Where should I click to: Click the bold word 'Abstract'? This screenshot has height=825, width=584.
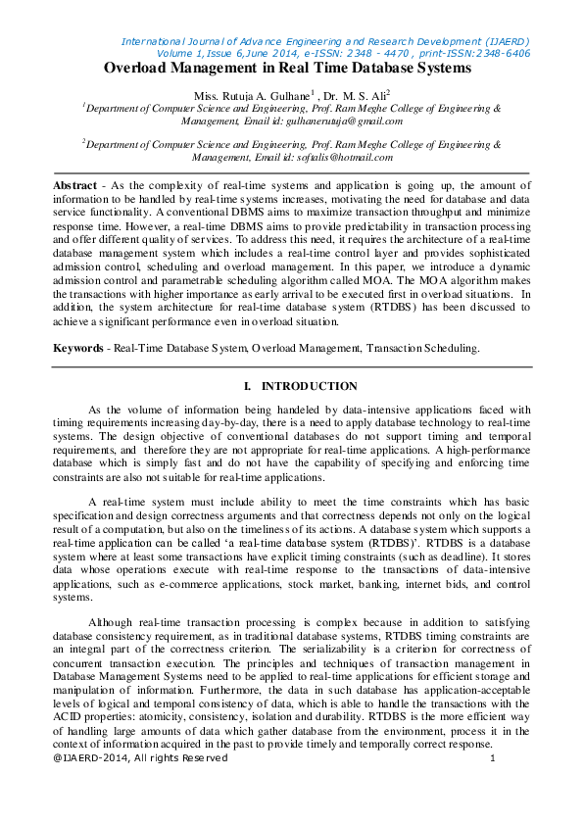click(74, 185)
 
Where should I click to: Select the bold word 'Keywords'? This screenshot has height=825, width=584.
click(77, 347)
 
